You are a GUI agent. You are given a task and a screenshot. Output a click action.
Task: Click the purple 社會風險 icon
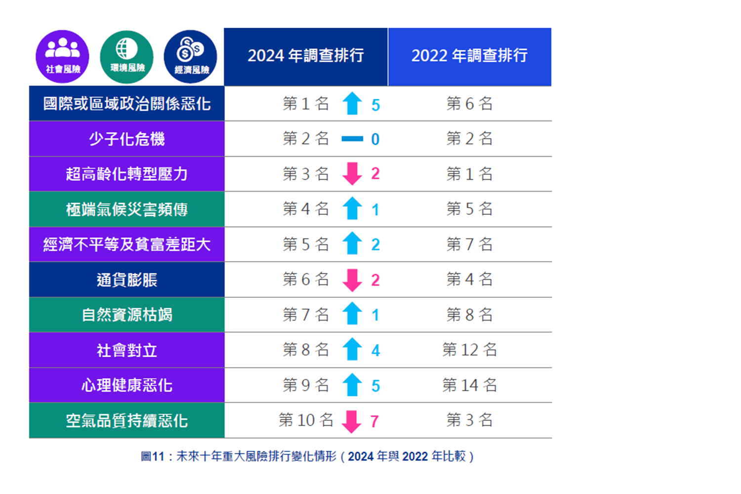pyautogui.click(x=63, y=56)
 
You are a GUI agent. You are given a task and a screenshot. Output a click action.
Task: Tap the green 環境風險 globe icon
pyautogui.click(x=127, y=56)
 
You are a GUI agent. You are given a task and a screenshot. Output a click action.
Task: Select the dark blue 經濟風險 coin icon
pyautogui.click(x=191, y=56)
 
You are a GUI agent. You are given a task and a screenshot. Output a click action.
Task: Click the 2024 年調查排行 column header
pyautogui.click(x=306, y=56)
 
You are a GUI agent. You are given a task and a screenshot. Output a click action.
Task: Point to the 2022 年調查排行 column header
pyautogui.click(x=469, y=56)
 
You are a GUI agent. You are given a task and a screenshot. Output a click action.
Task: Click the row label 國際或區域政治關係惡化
pyautogui.click(x=127, y=104)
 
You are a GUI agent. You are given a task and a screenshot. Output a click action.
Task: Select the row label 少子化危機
pyautogui.click(x=127, y=139)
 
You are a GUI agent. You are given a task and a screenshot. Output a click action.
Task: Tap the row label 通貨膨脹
pyautogui.click(x=127, y=280)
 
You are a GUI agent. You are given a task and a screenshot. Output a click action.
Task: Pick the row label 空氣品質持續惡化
pyautogui.click(x=127, y=421)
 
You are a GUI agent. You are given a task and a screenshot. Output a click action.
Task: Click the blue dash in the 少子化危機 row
pyautogui.click(x=352, y=139)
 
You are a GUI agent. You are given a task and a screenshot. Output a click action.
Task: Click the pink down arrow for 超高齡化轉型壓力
pyautogui.click(x=352, y=174)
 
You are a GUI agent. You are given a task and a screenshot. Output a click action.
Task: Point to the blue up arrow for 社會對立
pyautogui.click(x=352, y=350)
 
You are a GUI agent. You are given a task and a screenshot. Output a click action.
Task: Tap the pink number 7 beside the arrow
pyautogui.click(x=374, y=421)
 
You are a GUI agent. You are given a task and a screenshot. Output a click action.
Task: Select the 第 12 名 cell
pyautogui.click(x=469, y=350)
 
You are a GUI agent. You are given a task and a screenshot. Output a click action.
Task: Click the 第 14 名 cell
pyautogui.click(x=469, y=385)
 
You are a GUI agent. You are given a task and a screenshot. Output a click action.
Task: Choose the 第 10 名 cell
pyautogui.click(x=306, y=420)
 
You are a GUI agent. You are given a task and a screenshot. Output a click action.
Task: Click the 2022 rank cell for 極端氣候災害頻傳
pyautogui.click(x=469, y=209)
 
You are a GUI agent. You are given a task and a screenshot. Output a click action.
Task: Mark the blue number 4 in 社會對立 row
pyautogui.click(x=375, y=351)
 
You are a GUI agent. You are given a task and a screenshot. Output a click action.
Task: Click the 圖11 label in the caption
pyautogui.click(x=152, y=456)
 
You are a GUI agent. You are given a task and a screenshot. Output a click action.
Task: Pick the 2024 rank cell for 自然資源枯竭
pyautogui.click(x=306, y=315)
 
